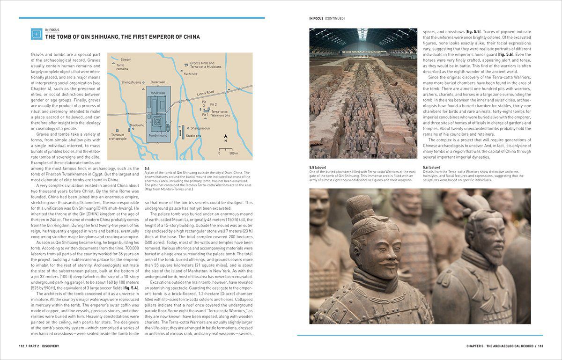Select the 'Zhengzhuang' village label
tap(131, 82)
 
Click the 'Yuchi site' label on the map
tap(190, 73)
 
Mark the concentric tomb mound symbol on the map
tap(158, 123)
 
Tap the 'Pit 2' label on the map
tap(213, 104)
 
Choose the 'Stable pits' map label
tap(193, 136)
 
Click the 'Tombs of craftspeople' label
tap(118, 137)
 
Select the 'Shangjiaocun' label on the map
tap(200, 128)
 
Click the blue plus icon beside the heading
tap(36, 34)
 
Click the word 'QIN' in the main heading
tap(92, 37)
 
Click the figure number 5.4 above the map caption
tap(148, 168)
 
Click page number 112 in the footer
tap(22, 346)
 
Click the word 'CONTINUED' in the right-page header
tap(334, 19)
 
